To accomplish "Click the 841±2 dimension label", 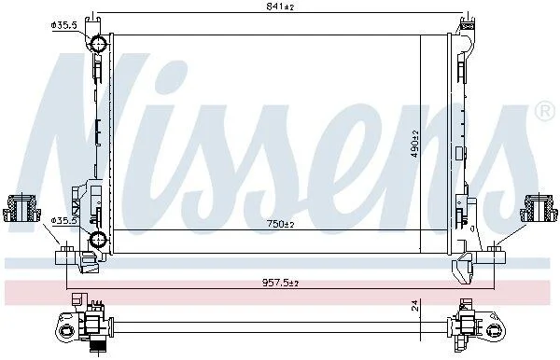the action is (x=280, y=7).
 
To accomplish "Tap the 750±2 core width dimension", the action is (x=281, y=224).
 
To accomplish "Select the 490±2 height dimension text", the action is (x=415, y=144).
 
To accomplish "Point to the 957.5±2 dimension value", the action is (x=280, y=283).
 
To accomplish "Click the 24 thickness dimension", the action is (x=414, y=305).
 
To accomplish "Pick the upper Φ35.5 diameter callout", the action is (x=63, y=25).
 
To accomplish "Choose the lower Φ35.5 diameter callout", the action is (x=63, y=221).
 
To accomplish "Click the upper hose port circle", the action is (x=97, y=44).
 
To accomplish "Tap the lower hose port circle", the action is (x=97, y=239).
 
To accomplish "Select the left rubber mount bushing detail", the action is (x=21, y=208).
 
